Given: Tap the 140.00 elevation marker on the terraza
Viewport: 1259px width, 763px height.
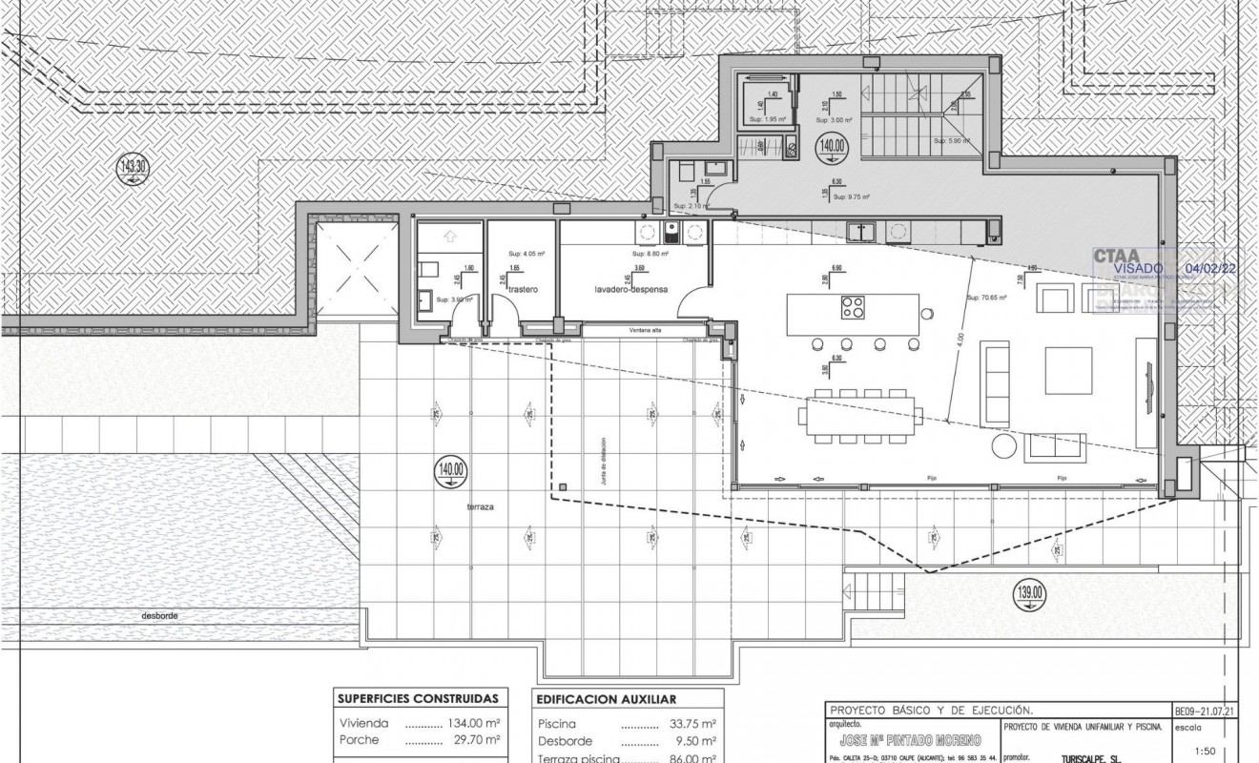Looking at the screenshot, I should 451,470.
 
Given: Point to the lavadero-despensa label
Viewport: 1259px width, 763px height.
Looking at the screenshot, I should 629,288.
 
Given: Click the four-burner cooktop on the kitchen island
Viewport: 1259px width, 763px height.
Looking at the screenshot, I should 854,307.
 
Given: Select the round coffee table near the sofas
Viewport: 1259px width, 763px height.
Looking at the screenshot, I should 1005,447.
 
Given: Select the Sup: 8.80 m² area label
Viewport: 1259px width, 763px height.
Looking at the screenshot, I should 650,255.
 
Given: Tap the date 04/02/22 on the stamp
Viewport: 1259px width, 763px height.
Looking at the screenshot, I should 1209,270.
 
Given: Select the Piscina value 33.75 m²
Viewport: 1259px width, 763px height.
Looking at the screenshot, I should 690,724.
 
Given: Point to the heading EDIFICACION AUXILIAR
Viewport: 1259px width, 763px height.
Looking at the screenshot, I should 607,699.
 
